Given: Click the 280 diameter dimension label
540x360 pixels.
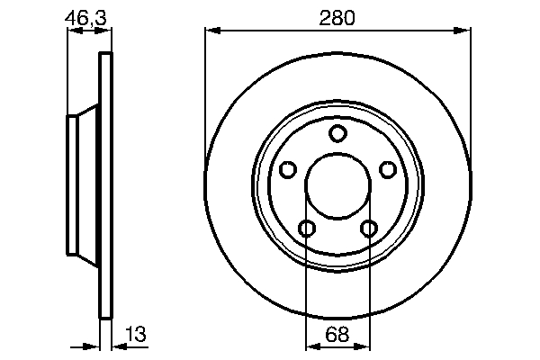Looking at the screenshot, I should coord(337,16).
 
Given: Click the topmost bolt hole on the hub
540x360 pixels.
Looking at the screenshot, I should coord(337,134).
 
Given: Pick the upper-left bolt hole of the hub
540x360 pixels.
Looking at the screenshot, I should coord(287,170).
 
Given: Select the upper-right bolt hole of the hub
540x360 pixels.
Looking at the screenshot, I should coord(388,170).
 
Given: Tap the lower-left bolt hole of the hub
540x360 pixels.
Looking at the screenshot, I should coord(306,229).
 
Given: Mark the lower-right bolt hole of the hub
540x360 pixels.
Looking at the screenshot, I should coord(368,229).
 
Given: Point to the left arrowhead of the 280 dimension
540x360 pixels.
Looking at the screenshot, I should coord(211,31).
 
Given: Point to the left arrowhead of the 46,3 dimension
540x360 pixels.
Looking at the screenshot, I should coord(73,31).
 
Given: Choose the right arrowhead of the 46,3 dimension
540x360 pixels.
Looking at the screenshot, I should coord(108,31).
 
